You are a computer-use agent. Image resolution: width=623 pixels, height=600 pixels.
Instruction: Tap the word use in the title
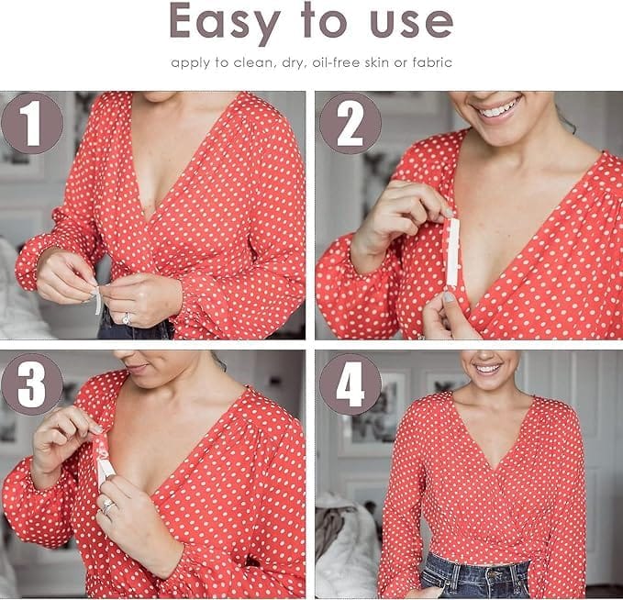coord(411,23)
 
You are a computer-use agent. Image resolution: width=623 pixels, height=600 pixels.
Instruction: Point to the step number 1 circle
coord(32,123)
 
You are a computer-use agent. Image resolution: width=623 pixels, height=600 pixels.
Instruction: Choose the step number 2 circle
coord(350,123)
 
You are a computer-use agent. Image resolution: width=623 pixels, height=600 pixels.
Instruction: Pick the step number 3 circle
coord(32,384)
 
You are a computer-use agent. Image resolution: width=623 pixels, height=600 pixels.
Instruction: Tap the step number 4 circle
coord(350,384)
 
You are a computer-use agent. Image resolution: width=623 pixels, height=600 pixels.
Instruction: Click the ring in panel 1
coord(127,318)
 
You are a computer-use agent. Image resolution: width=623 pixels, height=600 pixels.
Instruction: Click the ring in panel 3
coord(107,506)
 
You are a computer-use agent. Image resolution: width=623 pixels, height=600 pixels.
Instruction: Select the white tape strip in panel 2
coord(452,252)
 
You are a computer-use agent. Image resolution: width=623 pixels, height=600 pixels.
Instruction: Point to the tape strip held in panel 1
coord(97,301)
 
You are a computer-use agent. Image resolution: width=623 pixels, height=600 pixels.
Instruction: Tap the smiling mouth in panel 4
coord(487,369)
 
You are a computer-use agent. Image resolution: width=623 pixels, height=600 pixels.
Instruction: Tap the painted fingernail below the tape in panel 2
coord(448,297)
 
